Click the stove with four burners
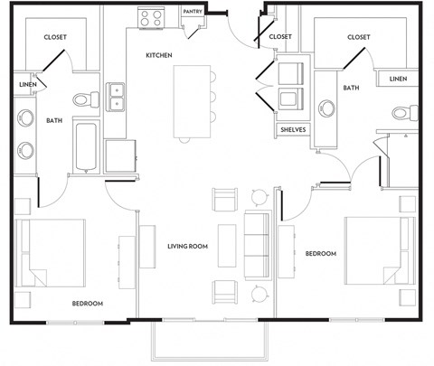click(x=150, y=17)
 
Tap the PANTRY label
click(x=192, y=12)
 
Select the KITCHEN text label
click(x=160, y=55)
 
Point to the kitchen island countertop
click(x=191, y=102)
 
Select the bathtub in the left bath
click(x=86, y=147)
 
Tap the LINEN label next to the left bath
click(x=26, y=86)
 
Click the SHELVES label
click(x=292, y=129)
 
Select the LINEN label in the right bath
click(x=398, y=80)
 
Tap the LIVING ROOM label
click(x=189, y=246)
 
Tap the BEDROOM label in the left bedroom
click(x=88, y=303)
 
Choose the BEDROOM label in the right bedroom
click(x=320, y=254)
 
